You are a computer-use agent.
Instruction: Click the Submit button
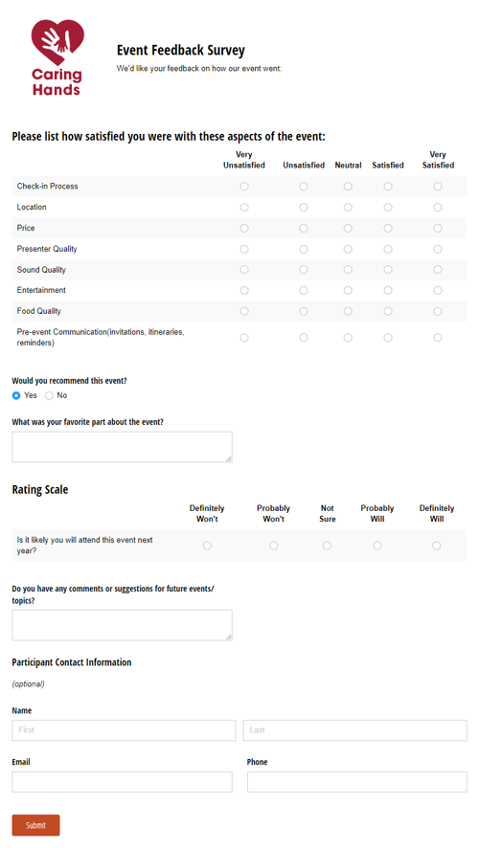[x=35, y=825]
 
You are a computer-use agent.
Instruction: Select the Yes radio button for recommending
[x=16, y=395]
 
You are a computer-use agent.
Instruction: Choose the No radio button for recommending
[x=49, y=395]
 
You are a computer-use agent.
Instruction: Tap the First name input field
[x=124, y=730]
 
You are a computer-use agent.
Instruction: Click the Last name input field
[x=354, y=730]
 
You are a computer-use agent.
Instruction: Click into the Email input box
[x=122, y=782]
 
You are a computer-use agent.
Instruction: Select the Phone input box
[x=356, y=782]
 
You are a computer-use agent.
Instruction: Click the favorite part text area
[x=122, y=447]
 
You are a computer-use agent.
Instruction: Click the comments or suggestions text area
[x=122, y=625]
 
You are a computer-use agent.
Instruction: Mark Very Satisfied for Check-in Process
[x=438, y=187]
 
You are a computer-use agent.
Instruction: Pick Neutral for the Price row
[x=348, y=228]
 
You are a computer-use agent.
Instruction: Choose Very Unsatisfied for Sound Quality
[x=244, y=270]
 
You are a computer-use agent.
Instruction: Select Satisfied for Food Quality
[x=388, y=311]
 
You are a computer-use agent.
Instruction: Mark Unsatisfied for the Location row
[x=304, y=207]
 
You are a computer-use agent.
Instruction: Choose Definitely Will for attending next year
[x=437, y=546]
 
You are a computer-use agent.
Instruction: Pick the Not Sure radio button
[x=327, y=546]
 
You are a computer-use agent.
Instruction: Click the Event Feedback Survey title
[x=181, y=51]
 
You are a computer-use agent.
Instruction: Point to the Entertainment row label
[x=41, y=290]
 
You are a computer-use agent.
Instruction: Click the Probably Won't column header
[x=273, y=514]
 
